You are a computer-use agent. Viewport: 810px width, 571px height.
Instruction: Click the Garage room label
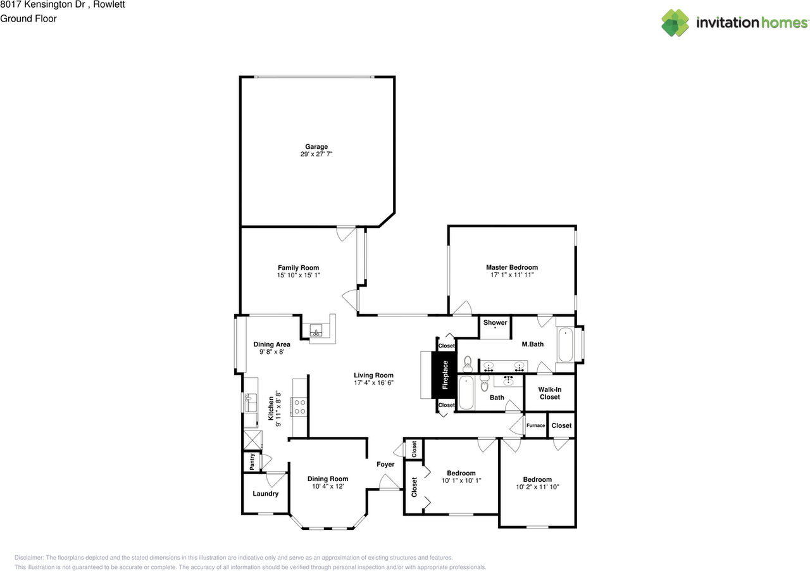(x=316, y=147)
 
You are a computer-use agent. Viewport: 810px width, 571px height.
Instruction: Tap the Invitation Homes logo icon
(x=675, y=23)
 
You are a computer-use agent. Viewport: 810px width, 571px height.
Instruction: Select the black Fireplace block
(x=445, y=374)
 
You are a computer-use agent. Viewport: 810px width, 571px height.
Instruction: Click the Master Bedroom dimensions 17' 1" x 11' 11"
(x=512, y=275)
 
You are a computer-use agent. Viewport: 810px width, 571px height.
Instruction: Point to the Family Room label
(x=298, y=268)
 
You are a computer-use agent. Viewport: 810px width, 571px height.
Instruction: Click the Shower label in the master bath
(x=495, y=323)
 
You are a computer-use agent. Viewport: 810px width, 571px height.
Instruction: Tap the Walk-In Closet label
(x=549, y=393)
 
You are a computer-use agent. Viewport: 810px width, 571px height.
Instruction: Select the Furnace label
(x=535, y=425)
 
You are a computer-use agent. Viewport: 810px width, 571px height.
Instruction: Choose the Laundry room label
(x=265, y=494)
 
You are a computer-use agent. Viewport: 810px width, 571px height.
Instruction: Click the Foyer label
(x=385, y=465)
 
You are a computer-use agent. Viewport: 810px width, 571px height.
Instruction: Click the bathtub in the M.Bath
(x=567, y=345)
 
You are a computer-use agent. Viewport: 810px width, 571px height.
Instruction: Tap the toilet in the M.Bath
(x=468, y=363)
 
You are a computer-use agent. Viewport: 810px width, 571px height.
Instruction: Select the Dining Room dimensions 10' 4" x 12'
(x=328, y=487)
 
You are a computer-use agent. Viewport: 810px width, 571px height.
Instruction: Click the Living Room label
(x=373, y=375)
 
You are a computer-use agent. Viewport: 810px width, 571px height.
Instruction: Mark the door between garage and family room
(x=346, y=234)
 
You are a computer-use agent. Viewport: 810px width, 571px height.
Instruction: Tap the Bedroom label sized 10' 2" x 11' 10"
(x=537, y=479)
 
